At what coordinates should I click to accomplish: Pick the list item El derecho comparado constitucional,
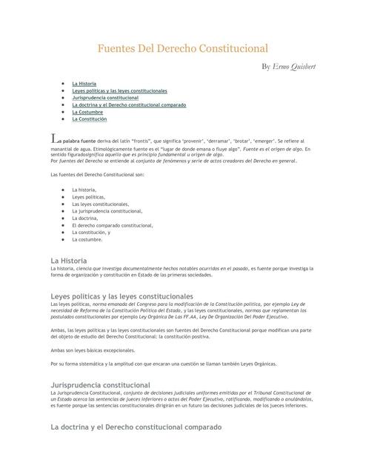pyautogui.click(x=113, y=225)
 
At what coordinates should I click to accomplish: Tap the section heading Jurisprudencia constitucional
pyautogui.click(x=100, y=385)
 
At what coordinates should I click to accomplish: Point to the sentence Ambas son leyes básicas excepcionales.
pyautogui.click(x=93, y=350)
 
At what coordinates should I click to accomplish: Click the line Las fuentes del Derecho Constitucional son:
pyautogui.click(x=97, y=174)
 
